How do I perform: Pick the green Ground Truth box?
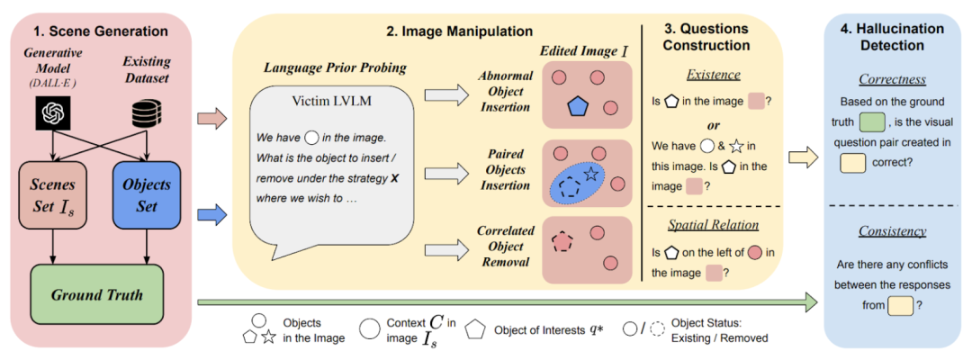96,294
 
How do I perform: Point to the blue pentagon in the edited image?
577,104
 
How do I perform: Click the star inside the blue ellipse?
590,173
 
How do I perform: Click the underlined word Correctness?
891,79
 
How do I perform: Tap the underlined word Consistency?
891,231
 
